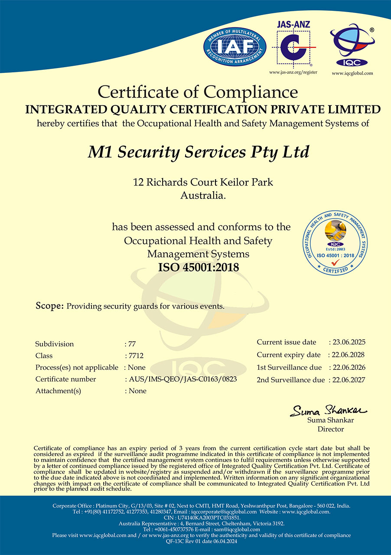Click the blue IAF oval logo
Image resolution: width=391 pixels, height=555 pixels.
tap(235, 46)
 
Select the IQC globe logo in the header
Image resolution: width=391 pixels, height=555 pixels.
tap(352, 45)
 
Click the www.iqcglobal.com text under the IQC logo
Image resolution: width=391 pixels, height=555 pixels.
tap(352, 73)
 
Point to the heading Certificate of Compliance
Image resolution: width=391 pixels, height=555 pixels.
tap(198, 92)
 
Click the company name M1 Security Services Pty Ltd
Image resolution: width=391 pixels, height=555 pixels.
tap(199, 152)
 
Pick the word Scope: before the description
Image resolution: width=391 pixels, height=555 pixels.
tap(49, 306)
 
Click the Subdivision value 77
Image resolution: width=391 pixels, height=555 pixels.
tap(132, 344)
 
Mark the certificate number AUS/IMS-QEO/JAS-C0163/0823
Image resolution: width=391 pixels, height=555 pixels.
tap(183, 379)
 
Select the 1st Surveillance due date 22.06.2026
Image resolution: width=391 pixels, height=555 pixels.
tap(349, 367)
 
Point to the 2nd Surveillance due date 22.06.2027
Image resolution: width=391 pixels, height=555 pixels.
tap(349, 380)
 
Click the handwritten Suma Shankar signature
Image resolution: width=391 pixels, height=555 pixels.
tap(328, 410)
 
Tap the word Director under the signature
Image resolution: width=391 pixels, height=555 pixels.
tap(331, 429)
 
